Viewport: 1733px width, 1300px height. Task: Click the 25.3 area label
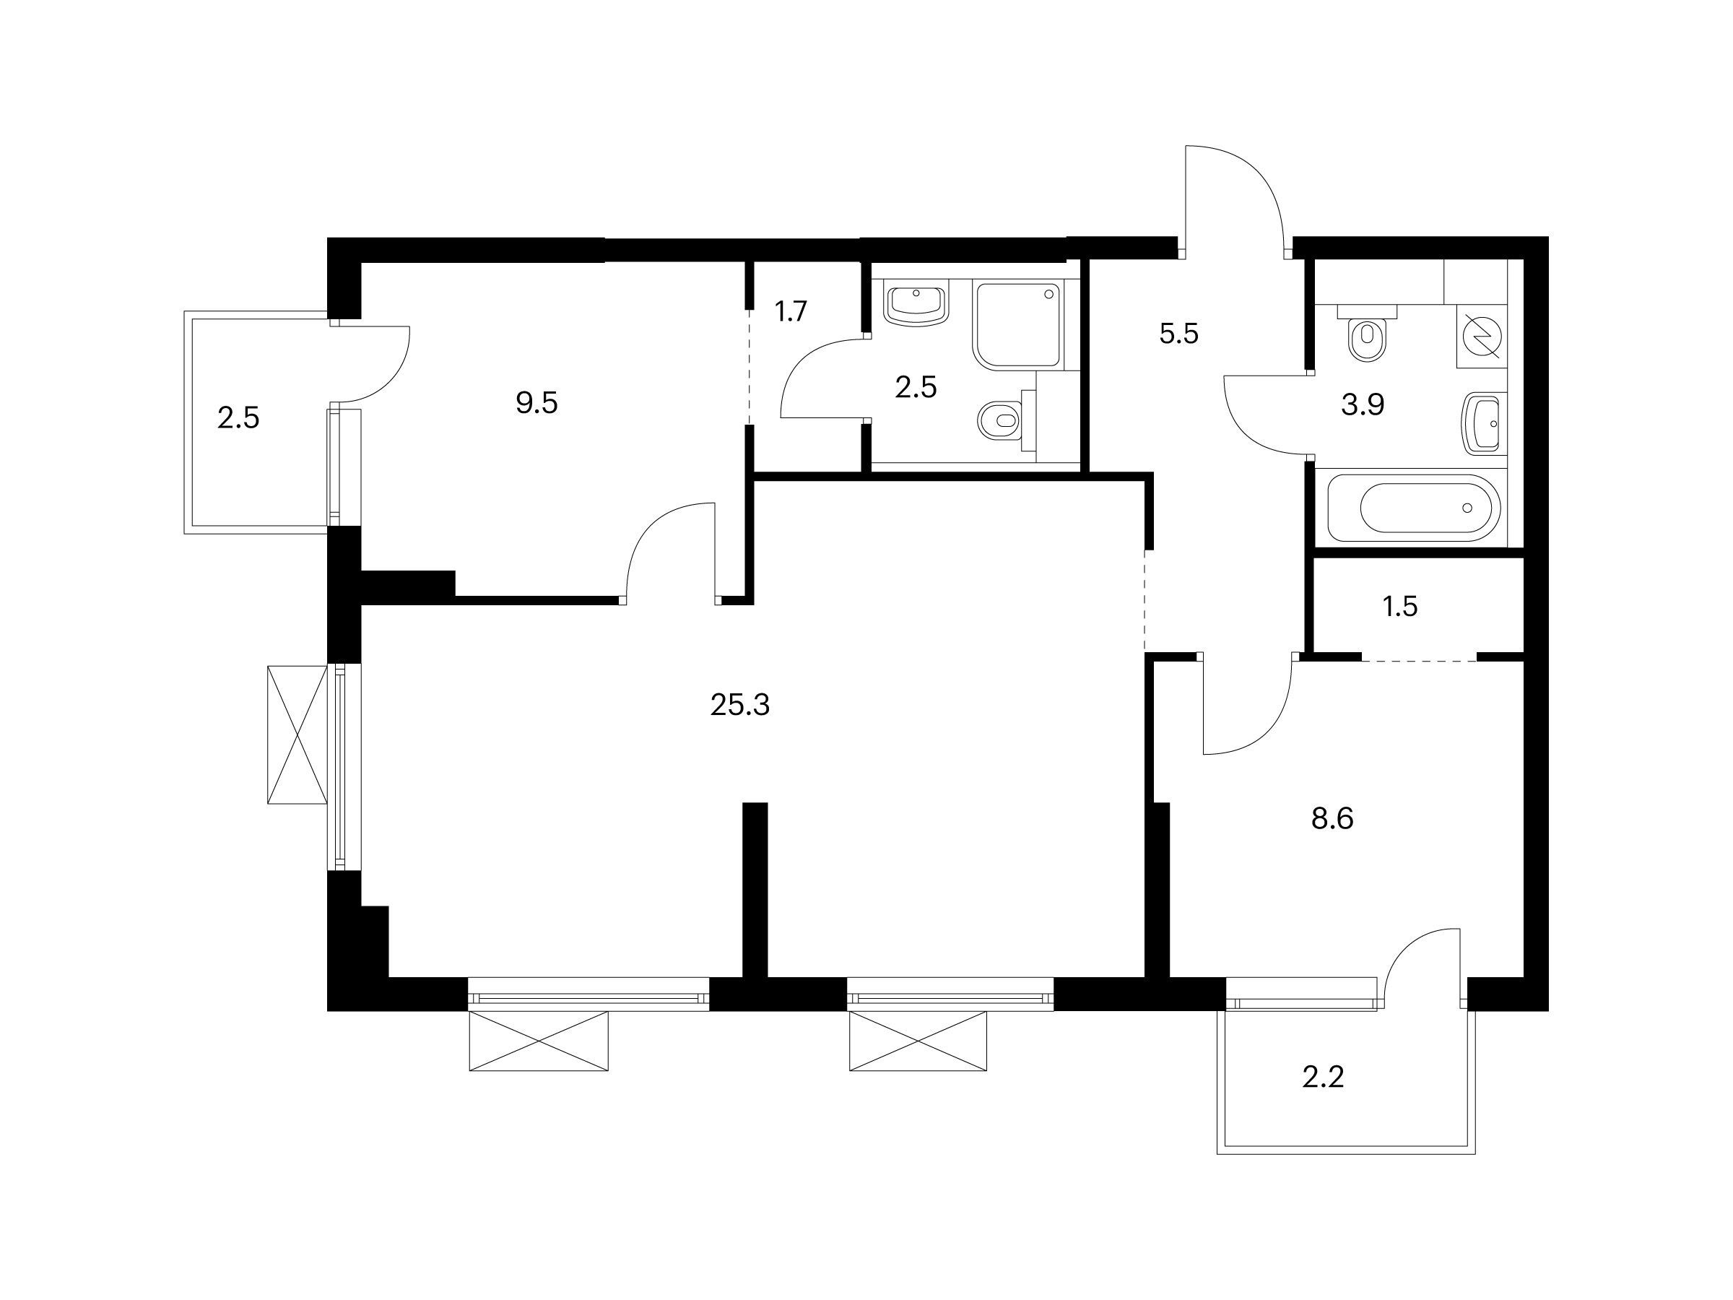click(739, 706)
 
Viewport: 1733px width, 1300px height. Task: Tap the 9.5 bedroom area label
click(537, 404)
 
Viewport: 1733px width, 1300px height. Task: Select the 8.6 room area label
click(1332, 819)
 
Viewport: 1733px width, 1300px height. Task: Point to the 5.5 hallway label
click(1178, 334)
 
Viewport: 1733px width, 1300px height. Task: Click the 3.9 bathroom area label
click(1363, 405)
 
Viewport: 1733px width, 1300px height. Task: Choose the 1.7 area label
click(791, 312)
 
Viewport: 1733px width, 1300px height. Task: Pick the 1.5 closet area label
click(1400, 607)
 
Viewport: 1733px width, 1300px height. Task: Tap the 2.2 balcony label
click(1324, 1078)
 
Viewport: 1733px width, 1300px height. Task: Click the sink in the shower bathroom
click(916, 305)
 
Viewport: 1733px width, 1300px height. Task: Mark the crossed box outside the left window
click(297, 734)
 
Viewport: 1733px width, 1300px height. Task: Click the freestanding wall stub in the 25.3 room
click(755, 890)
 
